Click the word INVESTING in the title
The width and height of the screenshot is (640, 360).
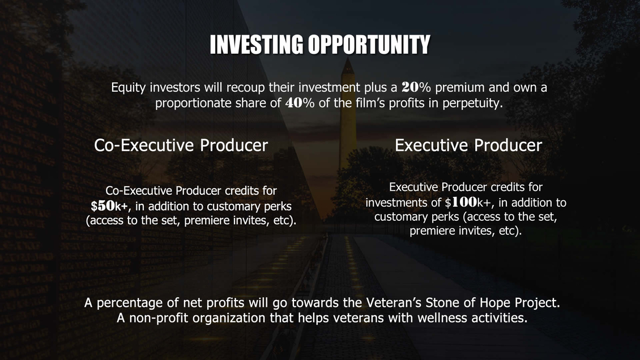point(257,45)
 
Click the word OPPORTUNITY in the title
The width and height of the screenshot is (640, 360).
point(369,45)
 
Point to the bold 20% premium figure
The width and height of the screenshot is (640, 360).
point(416,87)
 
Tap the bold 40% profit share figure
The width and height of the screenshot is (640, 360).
point(300,103)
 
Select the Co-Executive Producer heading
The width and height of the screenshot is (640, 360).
point(181,145)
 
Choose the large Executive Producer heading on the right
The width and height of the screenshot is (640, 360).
point(468,145)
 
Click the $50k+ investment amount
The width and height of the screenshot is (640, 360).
point(109,206)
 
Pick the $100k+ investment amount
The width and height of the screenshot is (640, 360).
point(468,202)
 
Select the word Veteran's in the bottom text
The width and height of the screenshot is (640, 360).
point(394,302)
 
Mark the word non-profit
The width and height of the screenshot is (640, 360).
point(159,318)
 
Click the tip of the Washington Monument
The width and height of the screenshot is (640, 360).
point(348,58)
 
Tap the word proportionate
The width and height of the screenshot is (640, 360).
point(194,104)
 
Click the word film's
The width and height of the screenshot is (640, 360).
point(370,103)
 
